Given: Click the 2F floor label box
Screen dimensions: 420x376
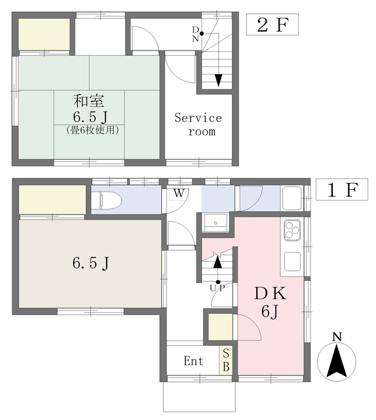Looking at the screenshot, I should (272, 26).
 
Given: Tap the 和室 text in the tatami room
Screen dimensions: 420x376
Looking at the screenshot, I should (89, 102).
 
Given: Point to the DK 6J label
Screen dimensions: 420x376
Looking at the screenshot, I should (271, 302).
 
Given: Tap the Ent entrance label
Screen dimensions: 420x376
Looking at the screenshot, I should (193, 362).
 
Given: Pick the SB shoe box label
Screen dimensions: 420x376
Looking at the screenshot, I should (226, 361).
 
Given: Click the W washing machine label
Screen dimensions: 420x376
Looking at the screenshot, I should (178, 192).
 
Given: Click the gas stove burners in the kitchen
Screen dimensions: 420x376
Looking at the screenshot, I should (291, 230).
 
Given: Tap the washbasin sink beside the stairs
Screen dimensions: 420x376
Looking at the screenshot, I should (215, 223).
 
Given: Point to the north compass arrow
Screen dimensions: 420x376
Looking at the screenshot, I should (337, 362).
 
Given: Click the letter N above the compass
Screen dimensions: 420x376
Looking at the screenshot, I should (337, 338).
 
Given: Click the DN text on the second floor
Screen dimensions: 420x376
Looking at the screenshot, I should (196, 33).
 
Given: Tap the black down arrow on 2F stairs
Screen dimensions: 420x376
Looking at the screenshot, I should (218, 79).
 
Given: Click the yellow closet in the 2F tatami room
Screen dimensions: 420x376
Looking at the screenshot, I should (44, 34).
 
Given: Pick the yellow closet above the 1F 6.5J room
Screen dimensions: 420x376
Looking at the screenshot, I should (52, 199).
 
